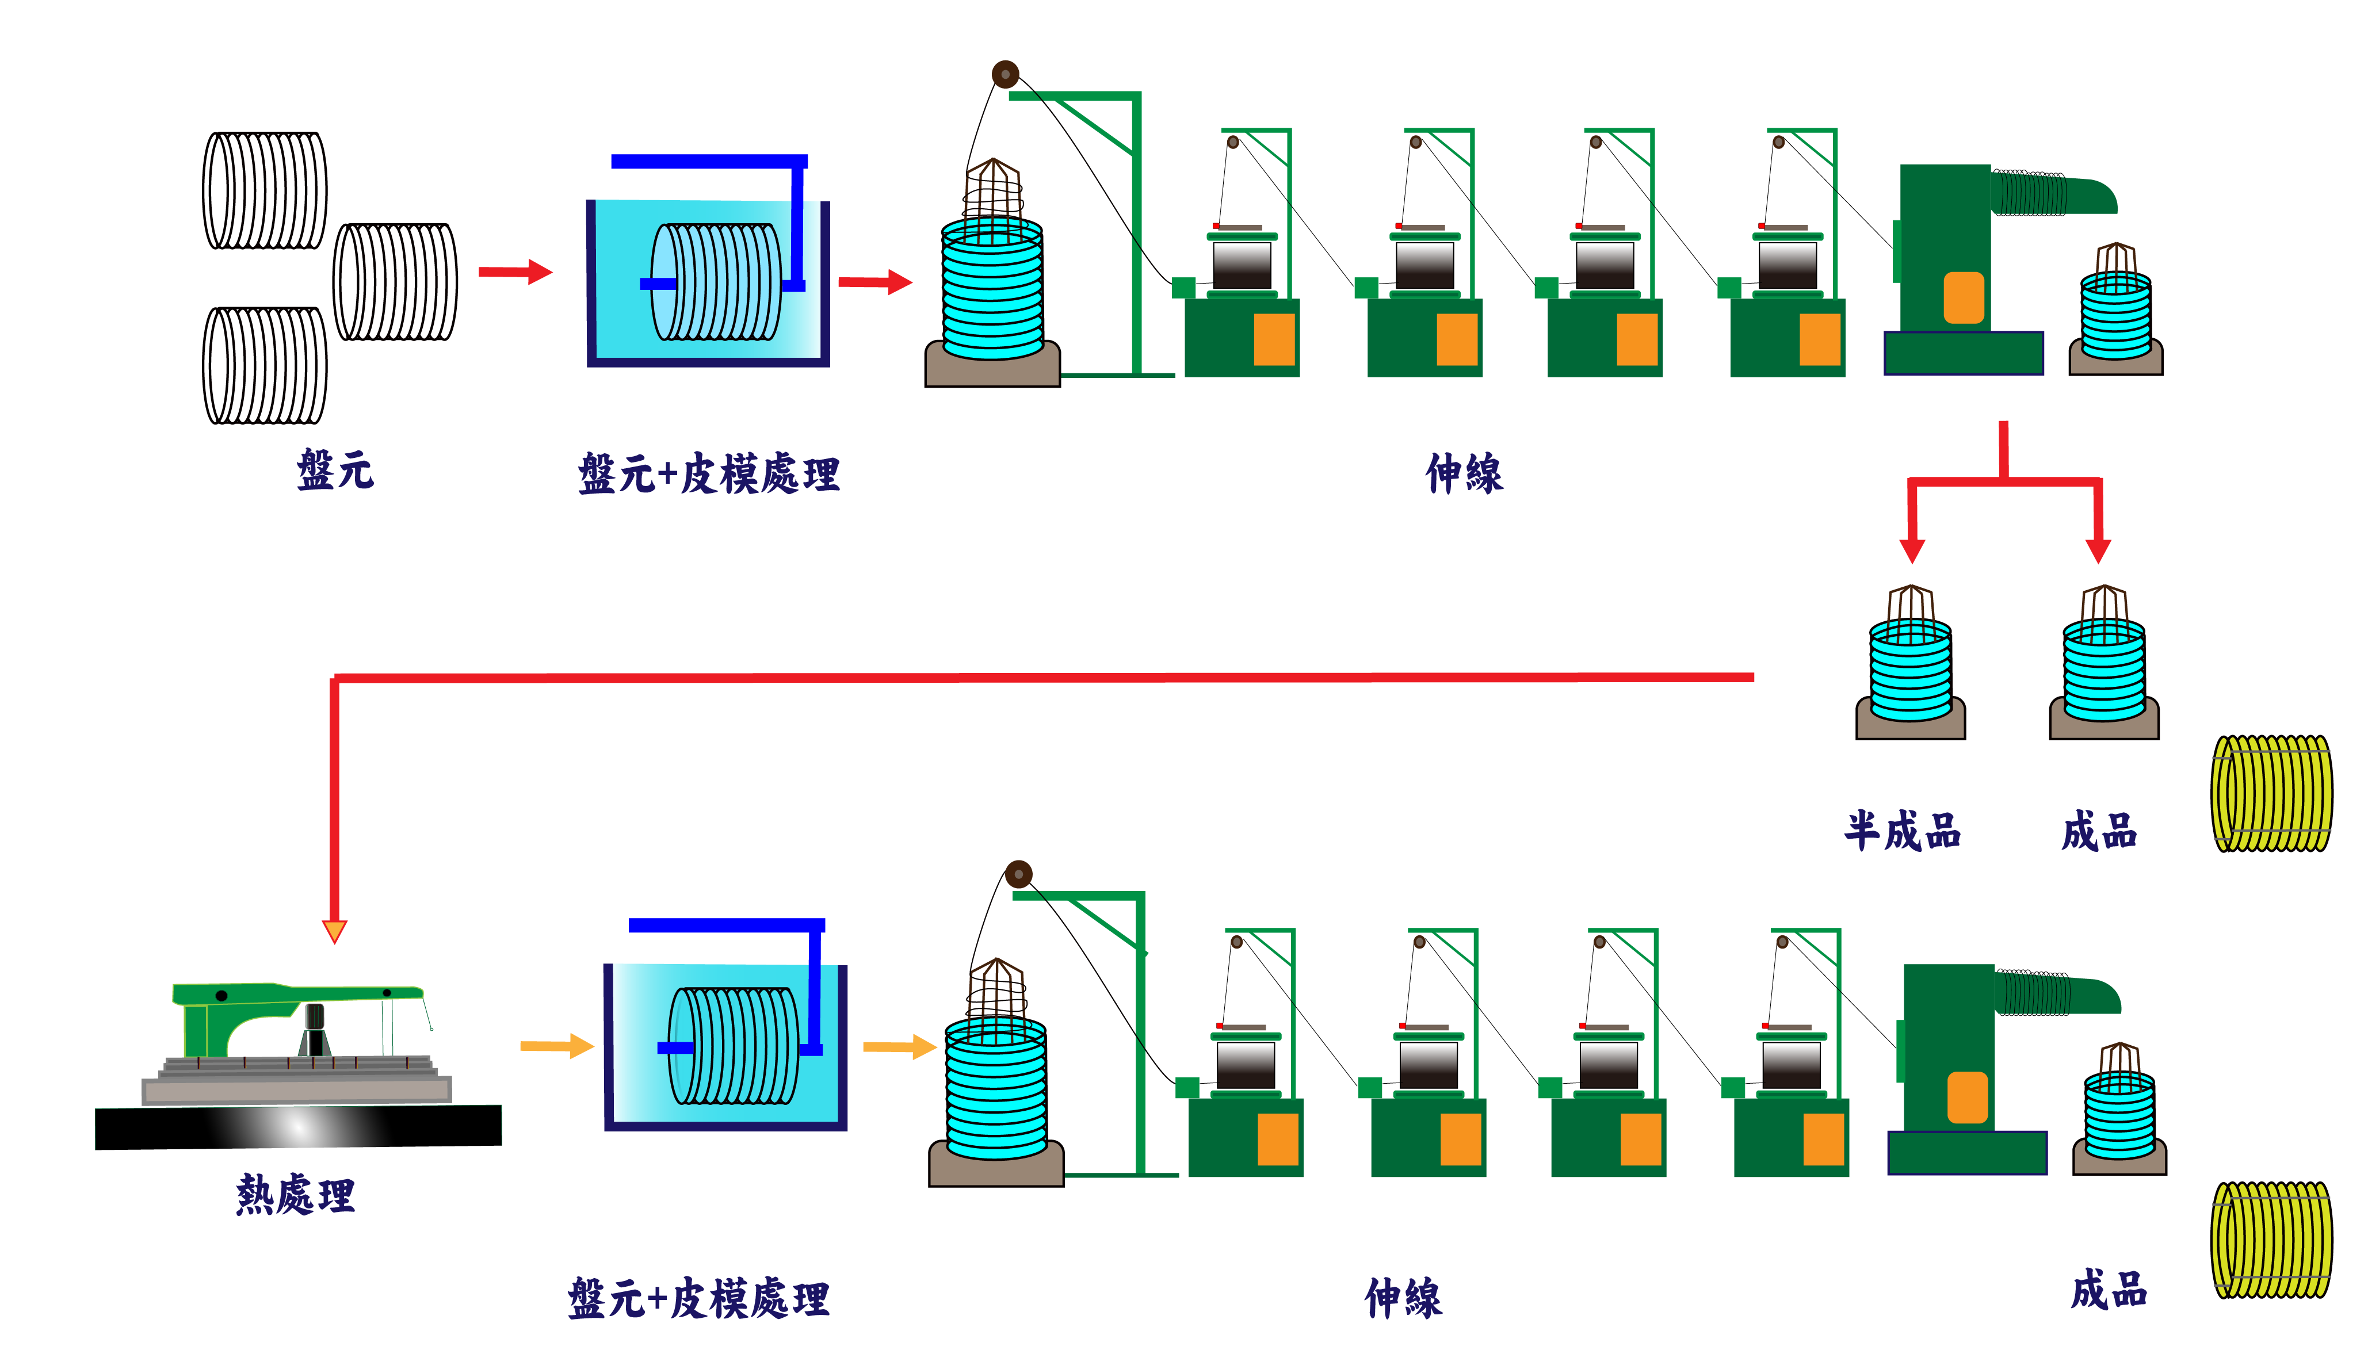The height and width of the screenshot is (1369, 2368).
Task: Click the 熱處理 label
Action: [x=295, y=1195]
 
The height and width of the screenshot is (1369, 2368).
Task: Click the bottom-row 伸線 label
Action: [x=1403, y=1298]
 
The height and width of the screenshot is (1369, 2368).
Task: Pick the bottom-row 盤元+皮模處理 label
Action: [x=698, y=1298]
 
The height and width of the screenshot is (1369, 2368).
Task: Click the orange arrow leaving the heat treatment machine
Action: [x=556, y=1046]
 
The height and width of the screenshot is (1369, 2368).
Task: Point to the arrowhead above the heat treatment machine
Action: [x=334, y=930]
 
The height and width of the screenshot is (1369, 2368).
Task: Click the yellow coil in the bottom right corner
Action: [x=2271, y=1240]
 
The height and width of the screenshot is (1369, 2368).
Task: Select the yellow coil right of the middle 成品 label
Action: [x=2271, y=793]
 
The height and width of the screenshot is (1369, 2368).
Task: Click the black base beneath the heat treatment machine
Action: [x=298, y=1127]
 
